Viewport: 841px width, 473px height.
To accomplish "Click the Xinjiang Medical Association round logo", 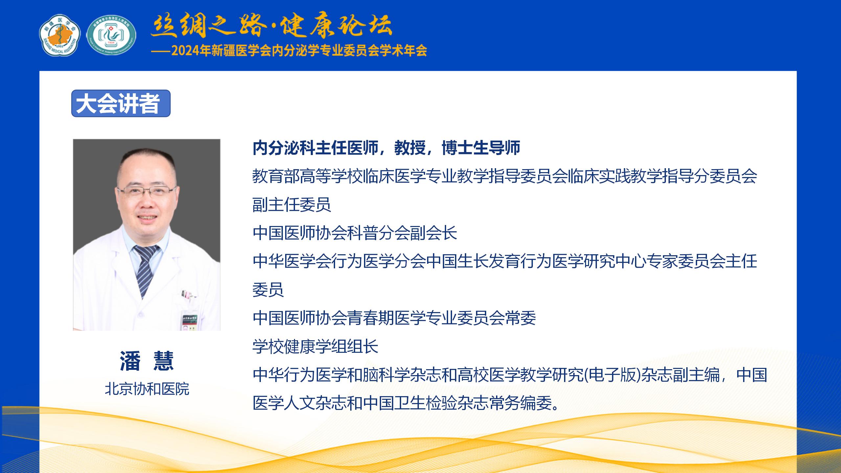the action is (59, 35).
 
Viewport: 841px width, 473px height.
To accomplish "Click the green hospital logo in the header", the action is (111, 35).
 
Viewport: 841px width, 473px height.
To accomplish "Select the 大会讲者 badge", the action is (121, 103).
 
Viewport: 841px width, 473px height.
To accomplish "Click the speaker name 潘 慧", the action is (147, 361).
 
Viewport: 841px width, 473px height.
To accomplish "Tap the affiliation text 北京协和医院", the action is (147, 389).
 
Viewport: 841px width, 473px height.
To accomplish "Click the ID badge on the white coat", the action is (190, 320).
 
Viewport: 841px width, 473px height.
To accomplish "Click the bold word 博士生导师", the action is (481, 148).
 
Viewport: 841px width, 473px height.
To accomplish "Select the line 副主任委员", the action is (292, 205).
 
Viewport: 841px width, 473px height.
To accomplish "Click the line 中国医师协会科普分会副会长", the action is (355, 233).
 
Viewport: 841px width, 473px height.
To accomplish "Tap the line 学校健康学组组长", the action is (315, 346).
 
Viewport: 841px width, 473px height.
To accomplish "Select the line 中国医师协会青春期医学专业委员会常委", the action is (394, 318).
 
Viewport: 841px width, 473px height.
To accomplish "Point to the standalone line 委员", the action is (268, 290).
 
